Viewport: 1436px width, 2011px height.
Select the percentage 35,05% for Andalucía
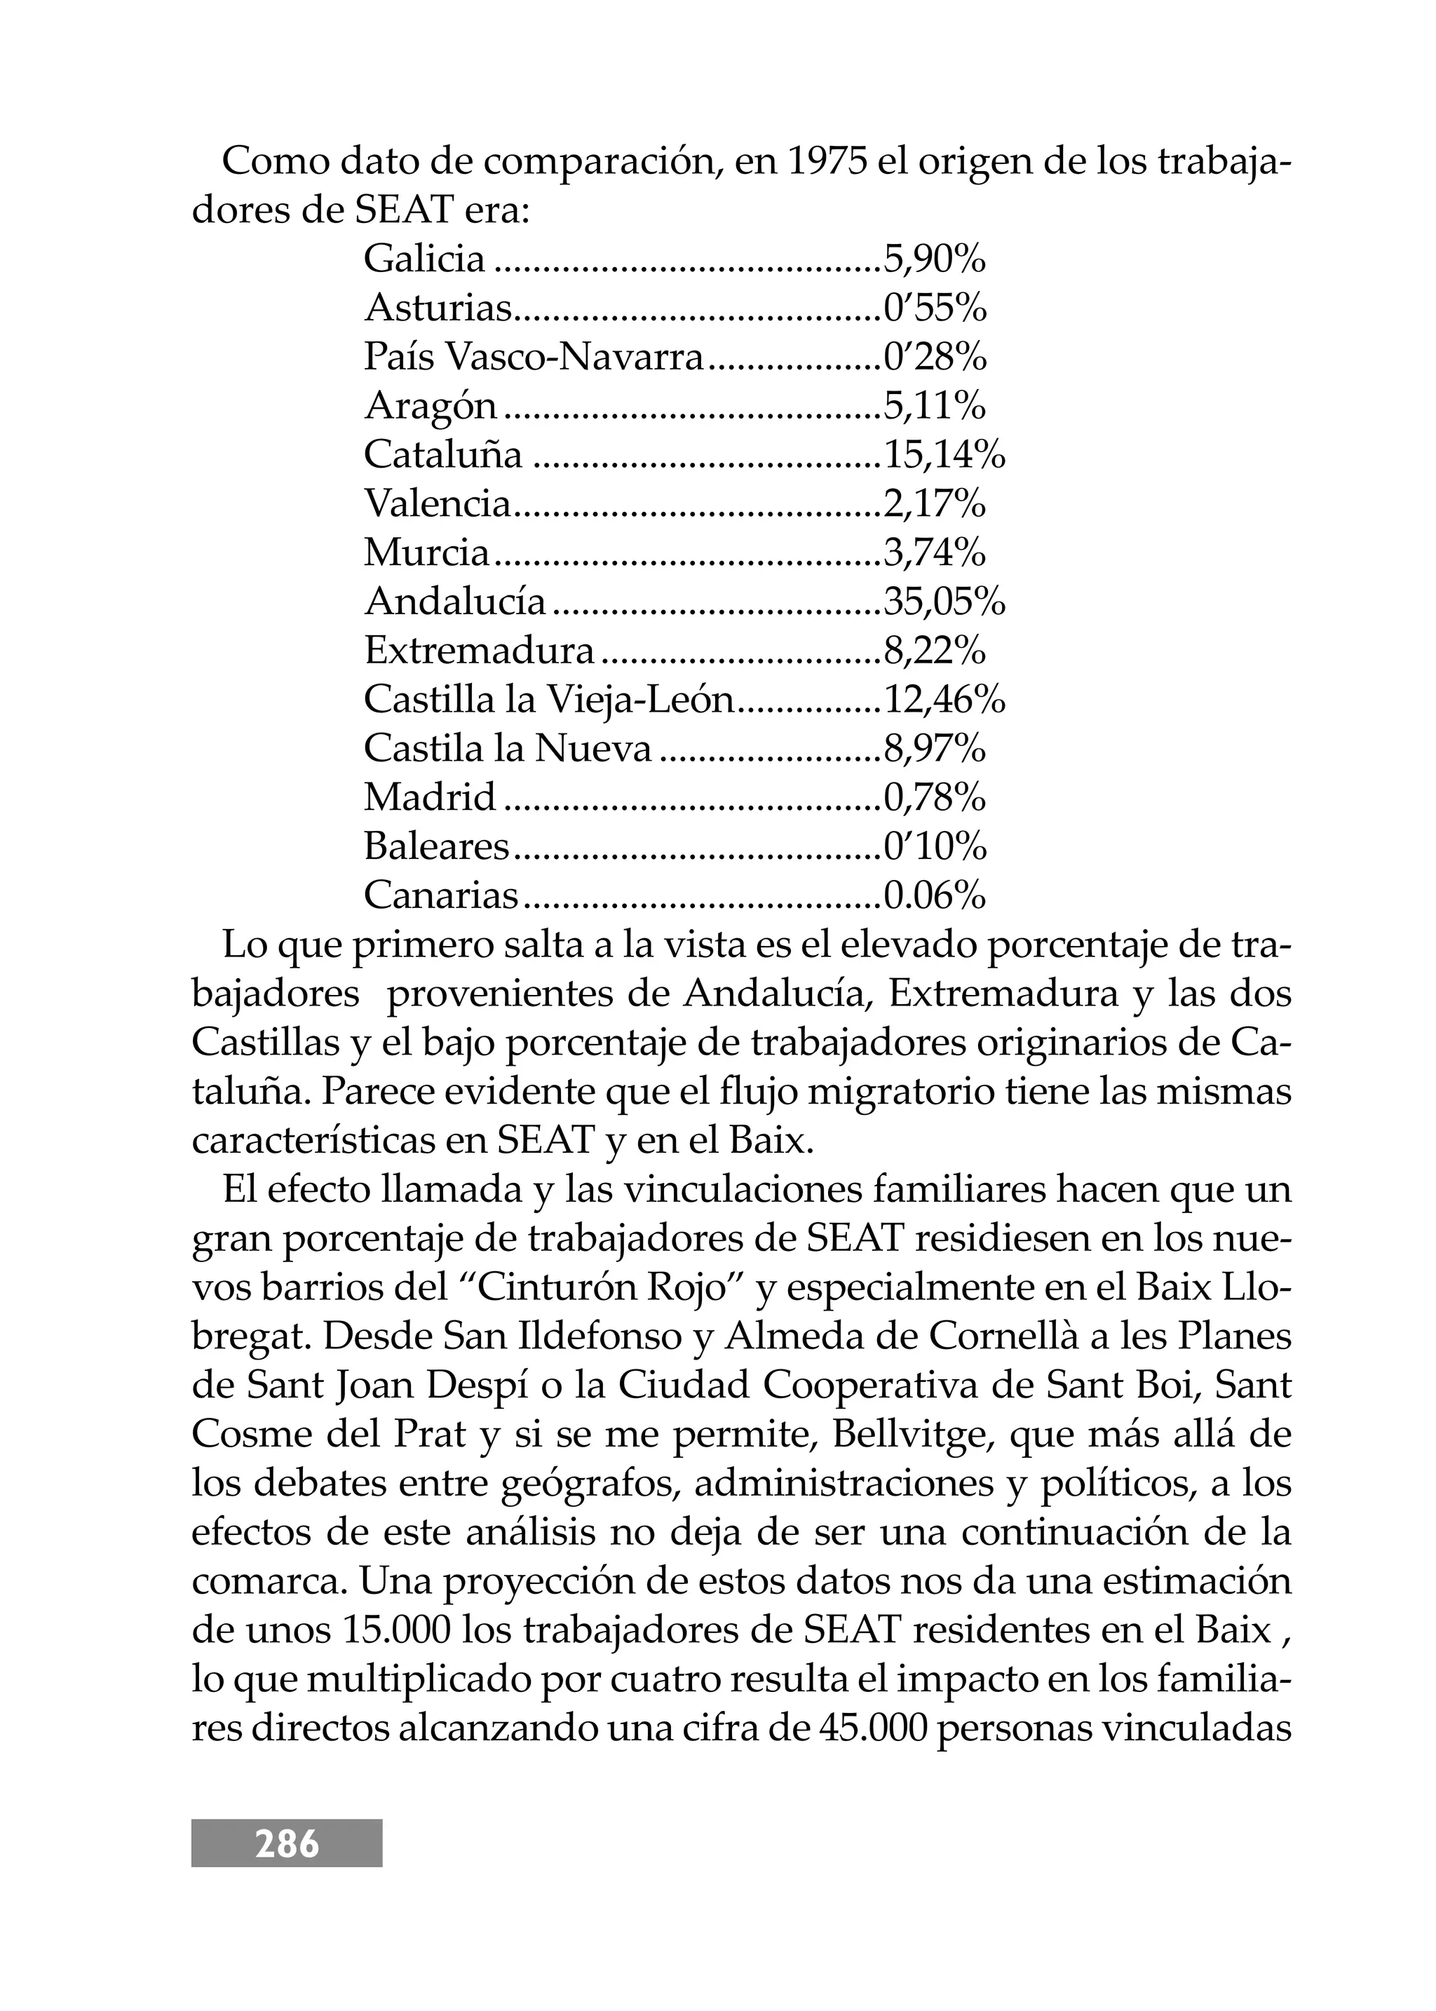coord(944,602)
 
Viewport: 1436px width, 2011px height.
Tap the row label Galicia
coord(424,259)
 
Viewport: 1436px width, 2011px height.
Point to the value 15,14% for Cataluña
coord(944,456)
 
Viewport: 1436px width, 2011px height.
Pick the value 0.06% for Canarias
coord(935,896)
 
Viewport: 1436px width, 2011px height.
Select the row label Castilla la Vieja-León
coord(549,700)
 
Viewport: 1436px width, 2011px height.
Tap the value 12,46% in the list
coord(944,700)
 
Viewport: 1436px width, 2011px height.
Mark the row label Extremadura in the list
coord(480,652)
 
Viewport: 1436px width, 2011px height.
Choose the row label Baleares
coord(437,847)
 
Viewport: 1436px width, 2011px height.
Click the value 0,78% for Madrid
coord(935,799)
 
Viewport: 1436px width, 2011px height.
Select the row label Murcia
coord(426,554)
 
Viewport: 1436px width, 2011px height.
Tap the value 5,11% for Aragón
coord(935,406)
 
